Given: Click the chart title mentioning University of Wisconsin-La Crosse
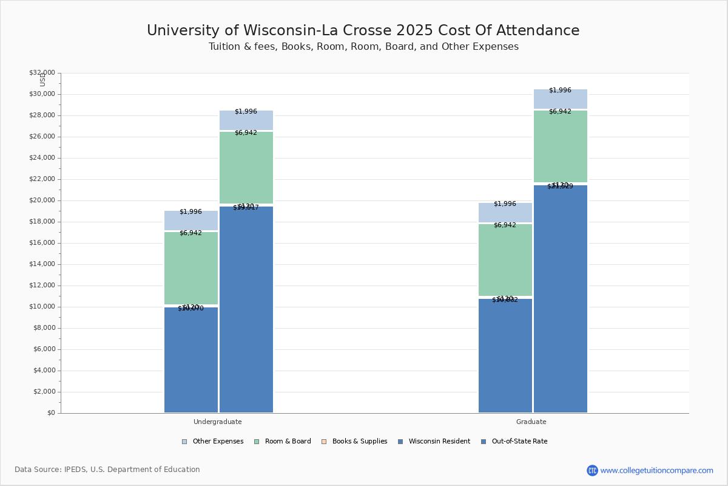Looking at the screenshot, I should pyautogui.click(x=363, y=31).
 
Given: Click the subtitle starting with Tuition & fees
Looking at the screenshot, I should pyautogui.click(x=363, y=47).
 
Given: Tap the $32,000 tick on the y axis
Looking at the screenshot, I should pyautogui.click(x=42, y=73).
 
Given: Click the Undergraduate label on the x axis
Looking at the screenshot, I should pyautogui.click(x=217, y=422).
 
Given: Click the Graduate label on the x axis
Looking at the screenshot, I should pyautogui.click(x=531, y=422).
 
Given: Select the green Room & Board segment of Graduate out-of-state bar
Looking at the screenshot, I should pyautogui.click(x=561, y=146).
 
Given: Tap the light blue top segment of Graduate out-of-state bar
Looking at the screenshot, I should pyautogui.click(x=561, y=99).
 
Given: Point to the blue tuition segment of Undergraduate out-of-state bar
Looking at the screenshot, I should pyautogui.click(x=246, y=310).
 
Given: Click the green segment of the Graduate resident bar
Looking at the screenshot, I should pyautogui.click(x=505, y=260).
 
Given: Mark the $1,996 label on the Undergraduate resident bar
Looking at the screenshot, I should pyautogui.click(x=190, y=212).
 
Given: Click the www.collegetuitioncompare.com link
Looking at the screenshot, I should pyautogui.click(x=656, y=470).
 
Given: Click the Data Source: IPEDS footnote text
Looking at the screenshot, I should pyautogui.click(x=107, y=470).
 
